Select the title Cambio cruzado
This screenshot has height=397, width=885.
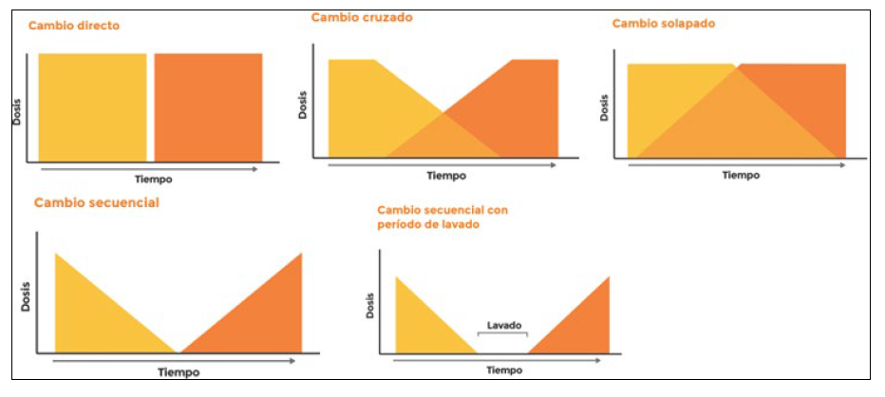tap(362, 17)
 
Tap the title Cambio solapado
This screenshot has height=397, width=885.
tap(663, 23)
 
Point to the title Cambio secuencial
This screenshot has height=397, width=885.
tap(96, 202)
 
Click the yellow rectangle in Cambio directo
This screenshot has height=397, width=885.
tap(92, 107)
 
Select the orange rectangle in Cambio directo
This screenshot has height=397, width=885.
tap(208, 107)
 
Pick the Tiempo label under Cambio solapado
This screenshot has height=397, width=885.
tap(742, 176)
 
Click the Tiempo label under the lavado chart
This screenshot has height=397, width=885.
tap(504, 369)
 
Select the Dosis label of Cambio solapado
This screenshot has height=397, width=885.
tap(603, 106)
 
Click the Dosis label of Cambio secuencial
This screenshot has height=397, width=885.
tap(24, 298)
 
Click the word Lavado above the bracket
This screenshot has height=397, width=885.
tap(503, 326)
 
